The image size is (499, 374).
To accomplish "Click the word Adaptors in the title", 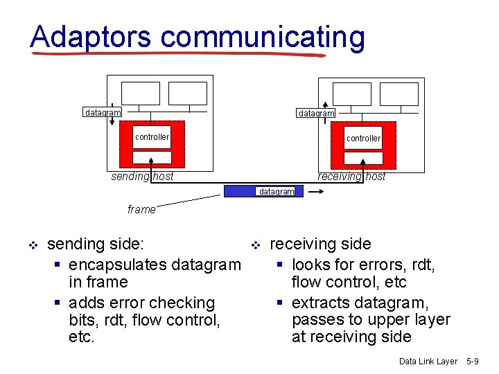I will point(90,37).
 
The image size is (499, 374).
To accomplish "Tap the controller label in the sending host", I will point(152,137).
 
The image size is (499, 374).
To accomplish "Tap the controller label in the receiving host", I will point(363,139).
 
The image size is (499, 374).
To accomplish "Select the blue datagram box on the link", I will point(263,191).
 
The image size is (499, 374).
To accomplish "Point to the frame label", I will point(141,209).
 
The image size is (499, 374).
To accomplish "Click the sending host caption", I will point(143,177).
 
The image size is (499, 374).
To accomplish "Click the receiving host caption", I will point(351,177).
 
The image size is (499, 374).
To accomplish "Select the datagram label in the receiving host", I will point(316,113).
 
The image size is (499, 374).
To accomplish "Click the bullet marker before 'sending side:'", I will point(31,244).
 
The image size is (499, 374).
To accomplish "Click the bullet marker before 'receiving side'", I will point(254,244).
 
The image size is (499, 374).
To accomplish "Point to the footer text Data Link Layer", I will point(428,362).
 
